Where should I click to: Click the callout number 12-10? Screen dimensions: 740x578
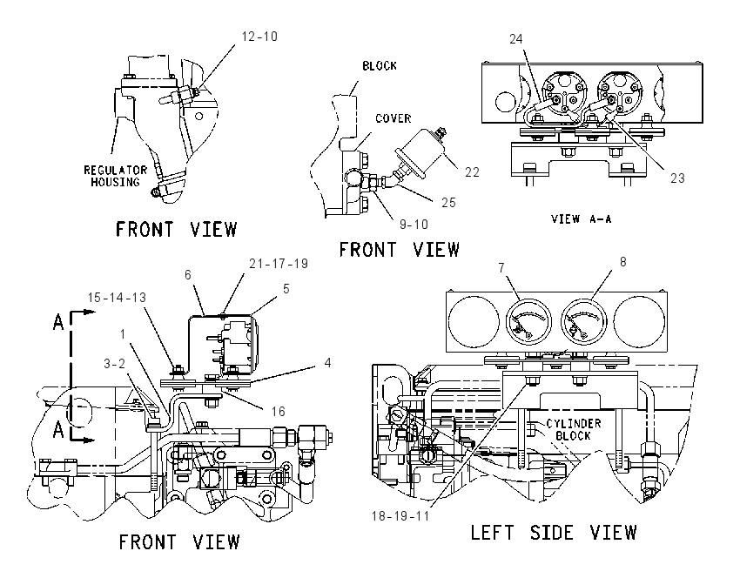tap(259, 37)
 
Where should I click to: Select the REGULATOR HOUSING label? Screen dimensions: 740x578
tap(116, 176)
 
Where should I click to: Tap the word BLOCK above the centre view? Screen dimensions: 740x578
tap(380, 65)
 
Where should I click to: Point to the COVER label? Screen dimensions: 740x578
tap(394, 118)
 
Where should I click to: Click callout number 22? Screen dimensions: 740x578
tap(472, 172)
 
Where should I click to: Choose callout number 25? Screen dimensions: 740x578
tap(448, 203)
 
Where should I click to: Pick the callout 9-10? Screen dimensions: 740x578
tap(414, 224)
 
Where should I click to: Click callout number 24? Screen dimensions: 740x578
tap(516, 38)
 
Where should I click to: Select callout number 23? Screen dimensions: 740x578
tap(677, 178)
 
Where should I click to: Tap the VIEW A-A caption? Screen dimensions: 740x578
tap(581, 219)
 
